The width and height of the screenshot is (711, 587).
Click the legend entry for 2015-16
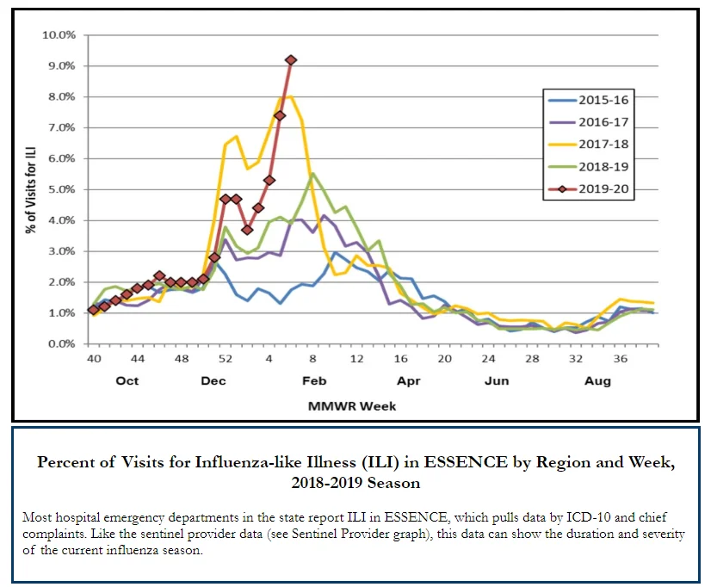pos(589,100)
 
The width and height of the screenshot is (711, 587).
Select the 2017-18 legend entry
pos(589,145)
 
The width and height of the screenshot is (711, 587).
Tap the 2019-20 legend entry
pos(589,189)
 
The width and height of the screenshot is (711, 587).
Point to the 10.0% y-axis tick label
pos(59,35)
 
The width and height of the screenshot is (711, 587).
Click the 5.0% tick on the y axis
pos(62,189)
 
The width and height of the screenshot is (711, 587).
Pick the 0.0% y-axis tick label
pos(62,344)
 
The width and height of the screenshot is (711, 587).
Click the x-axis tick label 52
pos(226,359)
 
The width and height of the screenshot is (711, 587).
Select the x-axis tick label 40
pos(94,359)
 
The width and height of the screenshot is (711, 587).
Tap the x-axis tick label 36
pos(621,359)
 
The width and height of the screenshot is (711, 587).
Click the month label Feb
pos(314,380)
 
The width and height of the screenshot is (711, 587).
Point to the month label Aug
pos(597,381)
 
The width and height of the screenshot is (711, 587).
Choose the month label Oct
pos(127,380)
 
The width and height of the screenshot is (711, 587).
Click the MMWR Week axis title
pos(352,406)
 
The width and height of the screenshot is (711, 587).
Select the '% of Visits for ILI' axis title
pos(30,190)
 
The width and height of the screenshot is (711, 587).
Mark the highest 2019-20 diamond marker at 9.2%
pos(291,60)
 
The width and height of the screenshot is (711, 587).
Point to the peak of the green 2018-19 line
pos(312,174)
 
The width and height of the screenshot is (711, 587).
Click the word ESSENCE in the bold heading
pos(466,462)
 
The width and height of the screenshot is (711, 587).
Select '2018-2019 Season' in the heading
pos(355,483)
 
